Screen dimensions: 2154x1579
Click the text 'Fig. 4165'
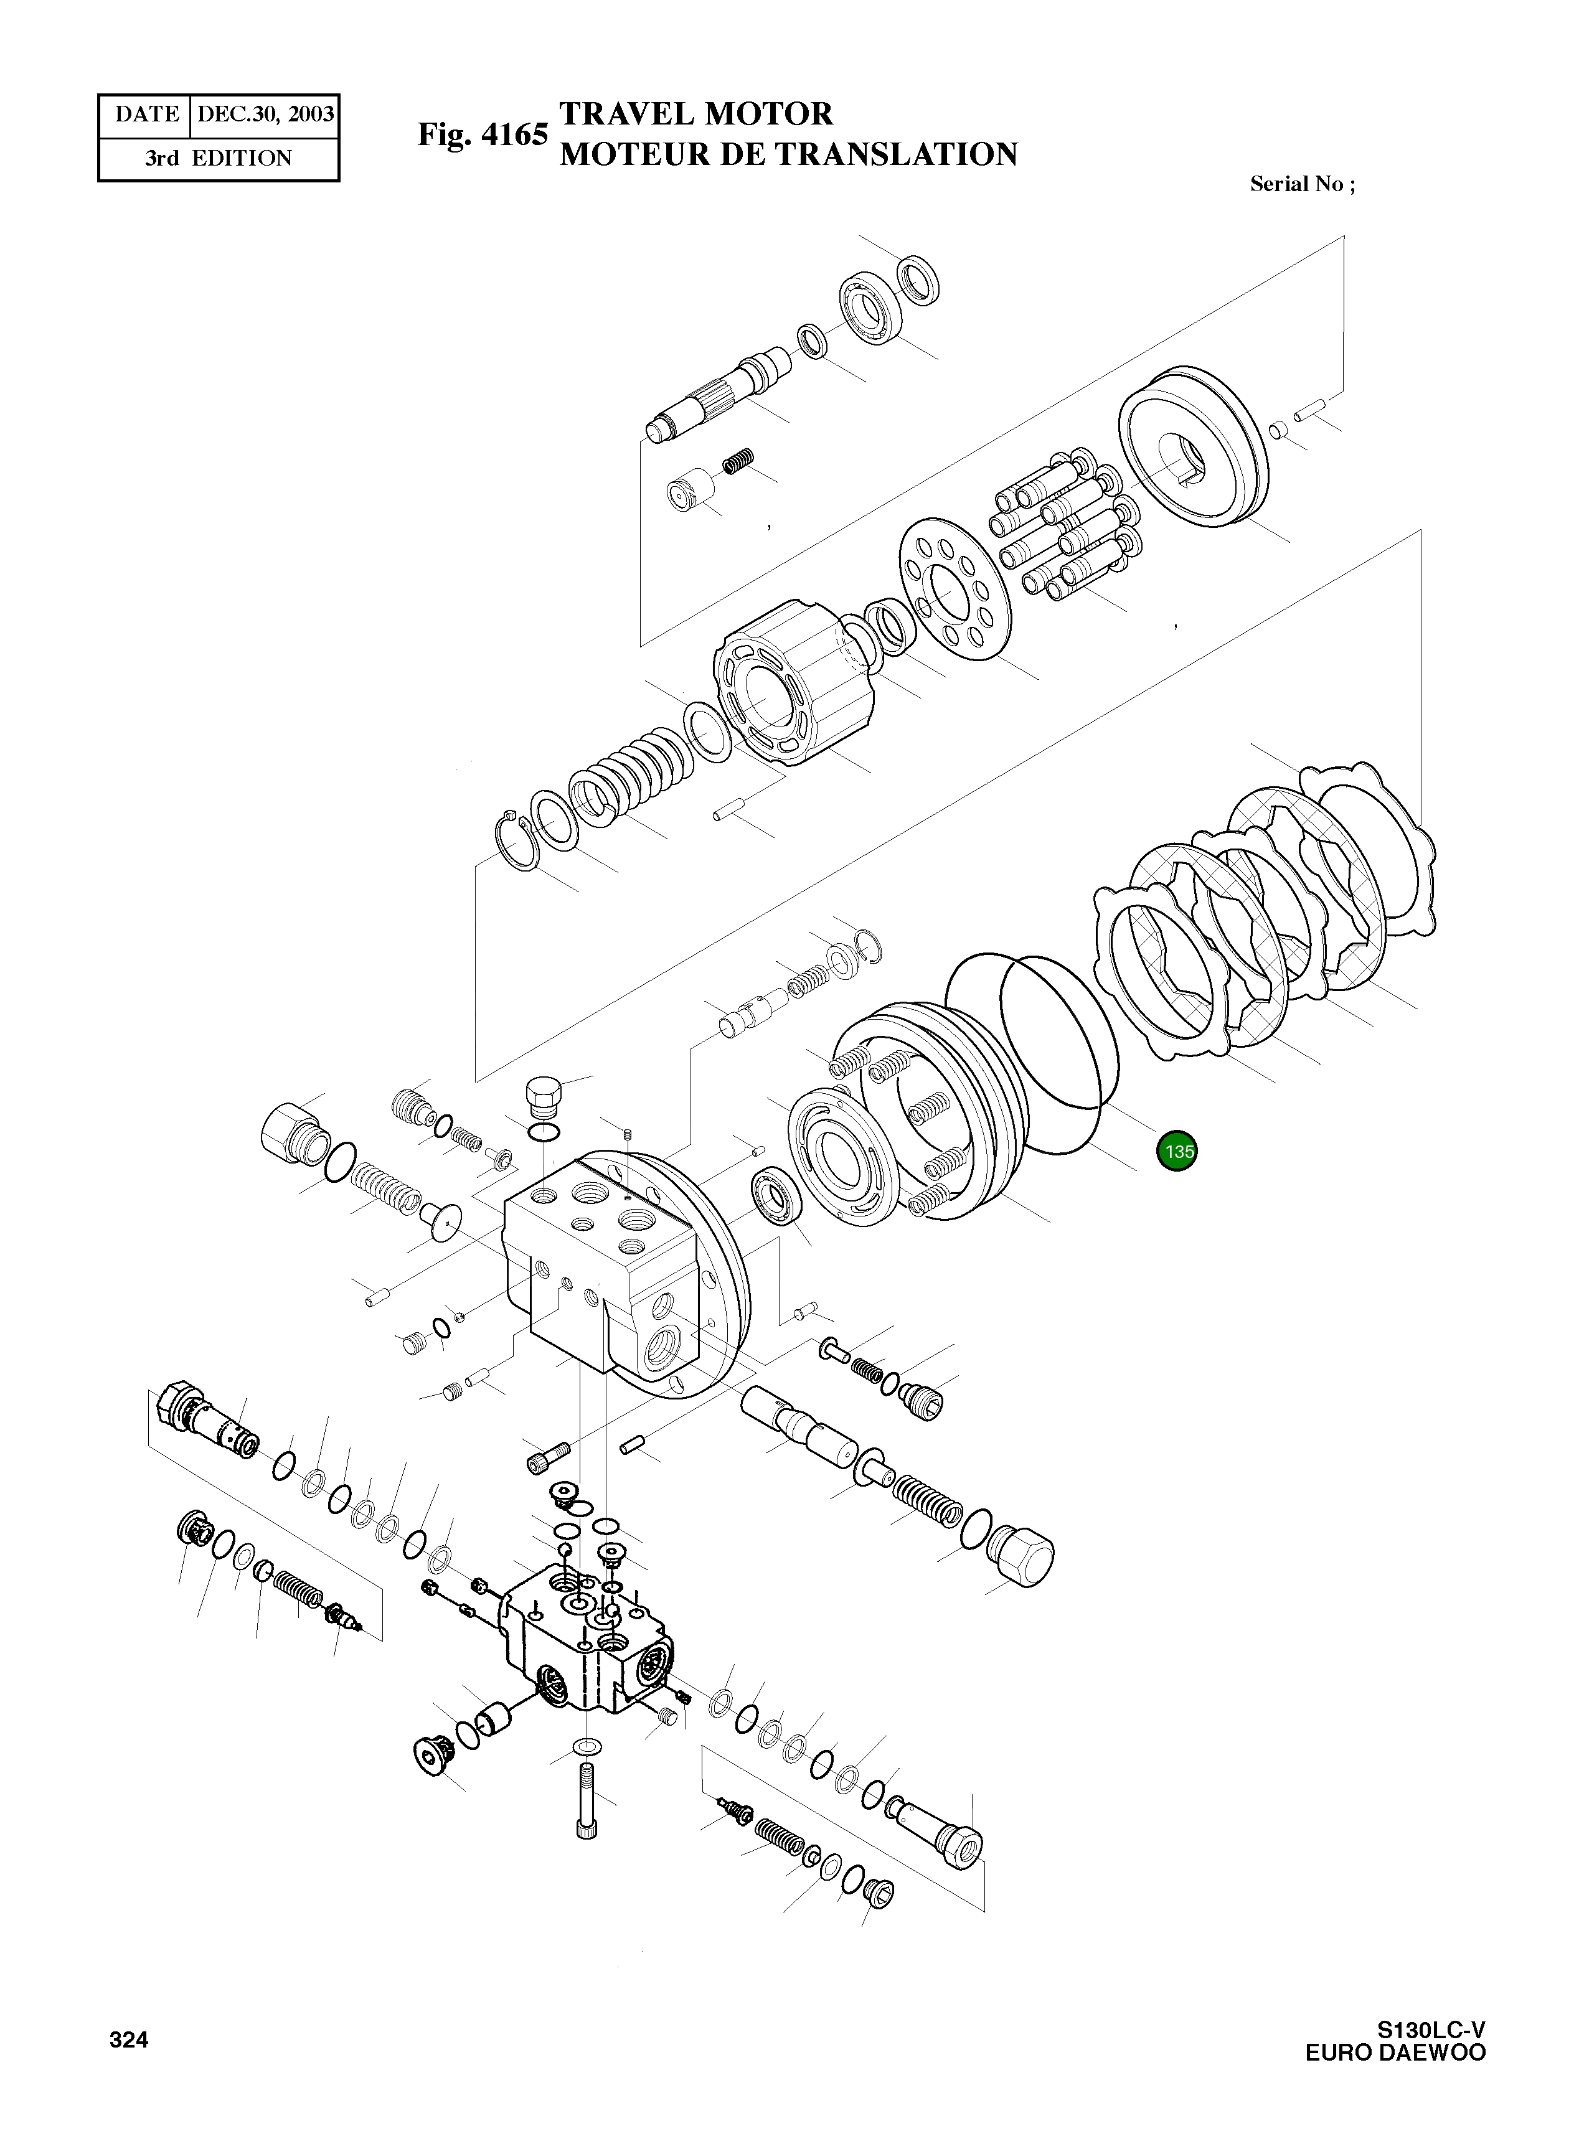click(x=483, y=134)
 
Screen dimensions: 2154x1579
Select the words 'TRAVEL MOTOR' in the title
click(x=696, y=114)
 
